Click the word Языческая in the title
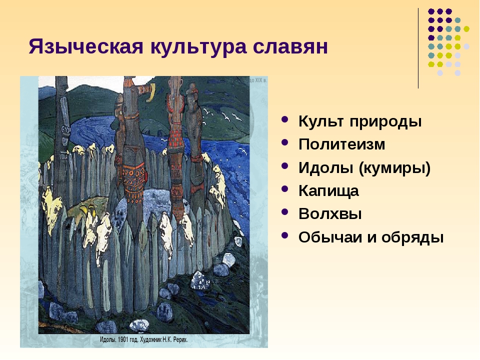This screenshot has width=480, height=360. [x=86, y=47]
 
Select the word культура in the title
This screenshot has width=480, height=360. [x=198, y=47]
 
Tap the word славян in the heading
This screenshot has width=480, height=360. [x=290, y=47]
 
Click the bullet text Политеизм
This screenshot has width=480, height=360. [x=341, y=144]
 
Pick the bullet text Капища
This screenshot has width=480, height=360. [x=328, y=191]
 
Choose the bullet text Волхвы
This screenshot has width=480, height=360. [x=330, y=213]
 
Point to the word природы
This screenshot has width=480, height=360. [x=385, y=121]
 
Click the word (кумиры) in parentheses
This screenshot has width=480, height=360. [x=394, y=168]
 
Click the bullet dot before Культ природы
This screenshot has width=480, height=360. [x=284, y=119]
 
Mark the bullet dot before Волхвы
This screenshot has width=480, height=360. [x=284, y=211]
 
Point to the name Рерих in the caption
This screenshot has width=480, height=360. [x=180, y=339]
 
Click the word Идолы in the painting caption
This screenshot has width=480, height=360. [x=107, y=339]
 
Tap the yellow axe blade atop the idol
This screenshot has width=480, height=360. [x=151, y=93]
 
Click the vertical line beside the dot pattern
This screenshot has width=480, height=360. [x=418, y=48]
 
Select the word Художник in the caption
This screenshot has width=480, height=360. [x=147, y=339]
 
